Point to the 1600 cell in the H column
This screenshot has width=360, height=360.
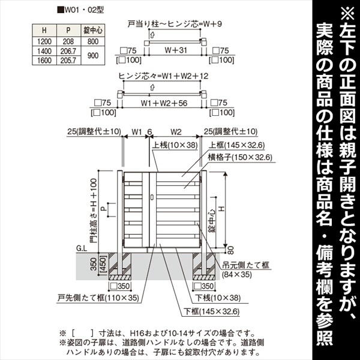pos(43,61)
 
